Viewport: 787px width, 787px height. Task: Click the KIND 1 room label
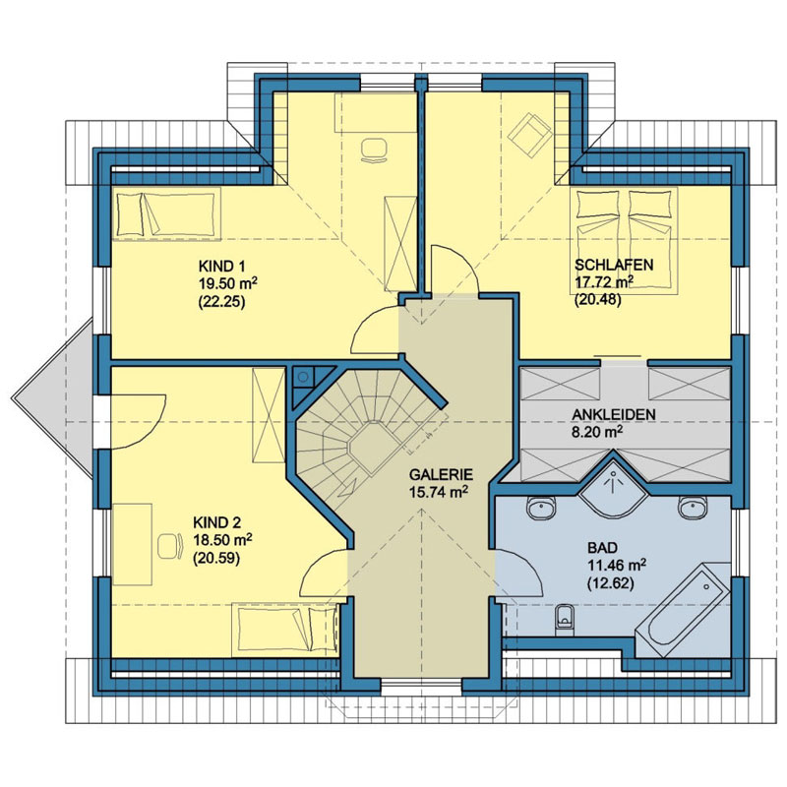coord(222,266)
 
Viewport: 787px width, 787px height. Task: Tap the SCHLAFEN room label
coord(614,265)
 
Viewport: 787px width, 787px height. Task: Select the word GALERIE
coord(441,474)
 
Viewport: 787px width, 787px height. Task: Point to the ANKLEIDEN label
coord(613,415)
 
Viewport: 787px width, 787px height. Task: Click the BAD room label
coord(603,547)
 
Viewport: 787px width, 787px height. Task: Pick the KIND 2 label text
coord(216,522)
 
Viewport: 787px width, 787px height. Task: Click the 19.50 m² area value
coord(228,283)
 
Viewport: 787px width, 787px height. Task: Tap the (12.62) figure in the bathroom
coord(610,583)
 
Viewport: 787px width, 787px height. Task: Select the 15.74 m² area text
coord(439,492)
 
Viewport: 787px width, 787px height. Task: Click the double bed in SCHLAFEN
coord(624,240)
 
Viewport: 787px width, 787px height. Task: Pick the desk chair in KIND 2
coord(169,546)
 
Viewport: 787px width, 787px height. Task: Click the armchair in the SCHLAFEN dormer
coord(530,134)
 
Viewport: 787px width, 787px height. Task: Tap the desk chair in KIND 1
coord(375,150)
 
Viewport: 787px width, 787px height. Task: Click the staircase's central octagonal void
coord(372,448)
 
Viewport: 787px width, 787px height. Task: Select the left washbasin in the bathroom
coord(542,508)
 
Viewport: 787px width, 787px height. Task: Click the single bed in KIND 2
coord(285,630)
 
